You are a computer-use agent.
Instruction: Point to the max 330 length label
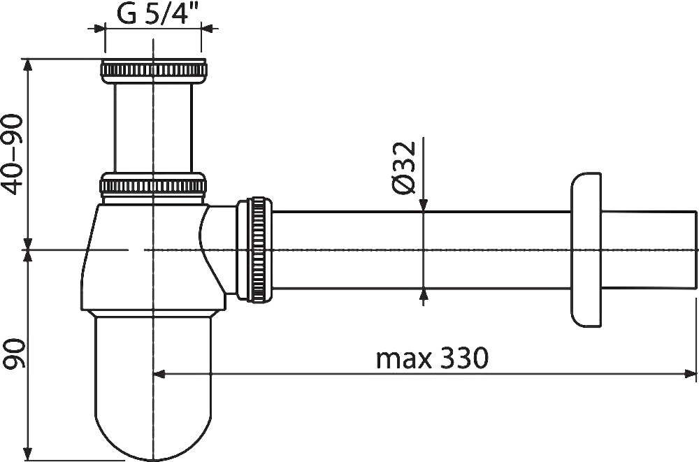pyautogui.click(x=432, y=359)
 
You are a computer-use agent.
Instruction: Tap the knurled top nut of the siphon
pyautogui.click(x=154, y=71)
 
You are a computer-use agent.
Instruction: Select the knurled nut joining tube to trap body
pyautogui.click(x=153, y=185)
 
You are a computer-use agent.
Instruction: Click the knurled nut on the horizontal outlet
pyautogui.click(x=254, y=250)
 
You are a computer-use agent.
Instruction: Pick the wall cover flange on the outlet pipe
pyautogui.click(x=586, y=250)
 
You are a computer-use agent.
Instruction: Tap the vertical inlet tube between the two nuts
pyautogui.click(x=153, y=127)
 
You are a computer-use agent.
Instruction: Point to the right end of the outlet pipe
pyautogui.click(x=696, y=250)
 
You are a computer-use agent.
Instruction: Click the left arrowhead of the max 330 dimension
pyautogui.click(x=159, y=374)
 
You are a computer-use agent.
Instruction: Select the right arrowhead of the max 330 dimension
pyautogui.click(x=691, y=374)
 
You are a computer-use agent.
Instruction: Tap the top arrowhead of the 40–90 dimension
pyautogui.click(x=28, y=65)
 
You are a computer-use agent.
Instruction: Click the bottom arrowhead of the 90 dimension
pyautogui.click(x=28, y=454)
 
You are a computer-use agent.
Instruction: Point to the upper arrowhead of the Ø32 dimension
pyautogui.click(x=423, y=205)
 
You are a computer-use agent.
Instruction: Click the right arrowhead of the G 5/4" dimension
pyautogui.click(x=207, y=29)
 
